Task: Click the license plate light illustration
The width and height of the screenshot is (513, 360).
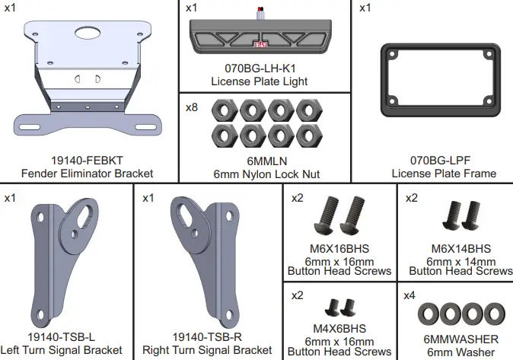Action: [x=263, y=34]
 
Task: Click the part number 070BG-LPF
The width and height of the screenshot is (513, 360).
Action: [x=432, y=161]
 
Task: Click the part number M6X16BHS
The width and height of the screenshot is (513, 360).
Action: [x=339, y=249]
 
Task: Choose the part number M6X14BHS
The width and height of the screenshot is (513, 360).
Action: [x=460, y=249]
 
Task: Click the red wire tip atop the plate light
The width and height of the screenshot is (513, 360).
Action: [x=262, y=8]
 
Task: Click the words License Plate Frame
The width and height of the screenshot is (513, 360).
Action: [x=432, y=174]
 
